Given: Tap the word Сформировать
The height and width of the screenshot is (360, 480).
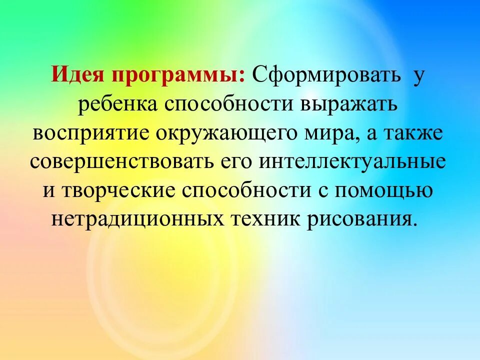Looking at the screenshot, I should (x=327, y=76).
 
